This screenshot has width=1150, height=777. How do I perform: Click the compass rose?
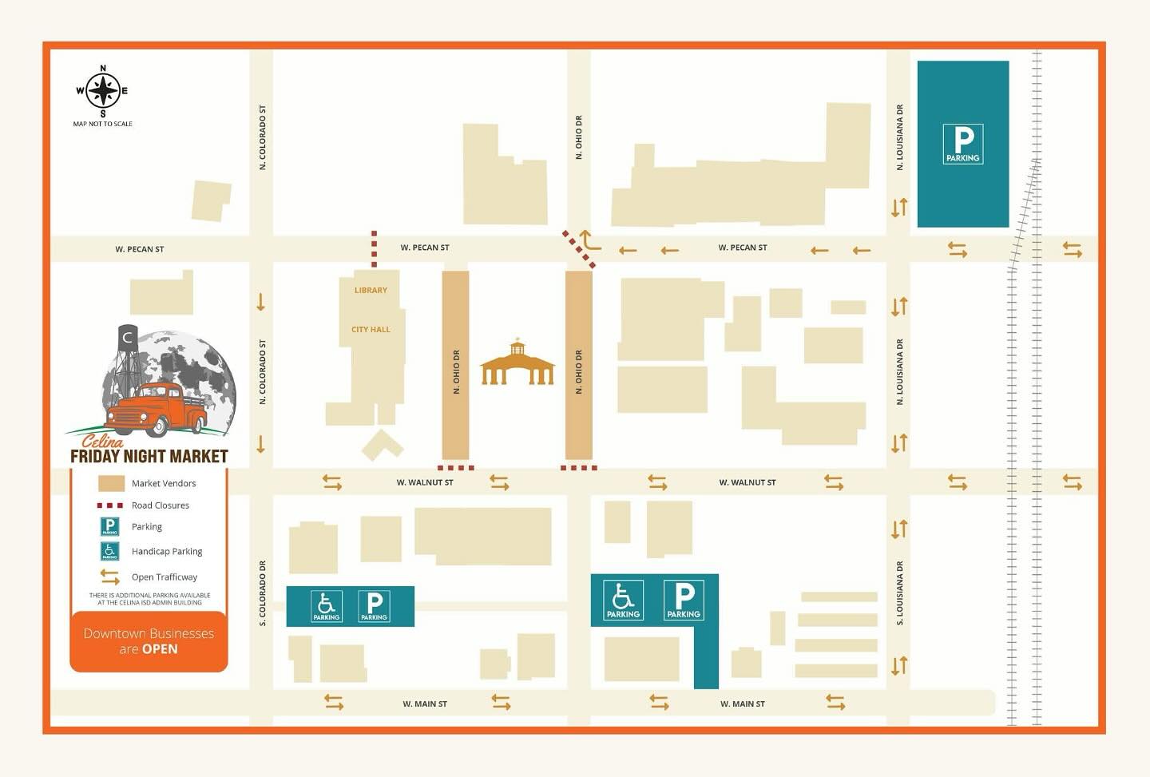click(102, 90)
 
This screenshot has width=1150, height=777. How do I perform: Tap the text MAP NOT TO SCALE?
click(103, 124)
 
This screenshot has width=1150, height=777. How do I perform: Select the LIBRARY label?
click(371, 291)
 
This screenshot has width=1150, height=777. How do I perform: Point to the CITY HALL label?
click(371, 330)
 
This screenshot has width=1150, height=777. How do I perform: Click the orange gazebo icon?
click(517, 363)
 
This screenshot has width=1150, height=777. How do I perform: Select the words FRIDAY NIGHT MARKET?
click(149, 457)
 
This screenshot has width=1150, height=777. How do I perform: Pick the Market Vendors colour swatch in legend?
click(111, 483)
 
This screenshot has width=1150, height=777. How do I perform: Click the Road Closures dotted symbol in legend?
click(110, 505)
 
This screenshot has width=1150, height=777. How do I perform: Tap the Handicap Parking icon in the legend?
click(110, 551)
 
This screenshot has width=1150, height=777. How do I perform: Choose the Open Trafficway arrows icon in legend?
click(110, 577)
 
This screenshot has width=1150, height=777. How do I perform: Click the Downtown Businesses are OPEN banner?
click(149, 641)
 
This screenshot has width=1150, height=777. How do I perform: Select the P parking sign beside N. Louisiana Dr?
click(962, 145)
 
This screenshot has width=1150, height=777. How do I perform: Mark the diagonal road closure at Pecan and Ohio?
click(579, 249)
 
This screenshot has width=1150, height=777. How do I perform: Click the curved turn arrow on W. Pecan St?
click(589, 240)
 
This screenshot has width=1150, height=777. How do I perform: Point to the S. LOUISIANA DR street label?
click(900, 593)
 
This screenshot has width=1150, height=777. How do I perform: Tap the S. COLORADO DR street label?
click(263, 593)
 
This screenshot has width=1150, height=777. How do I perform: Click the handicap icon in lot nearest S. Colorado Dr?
click(327, 606)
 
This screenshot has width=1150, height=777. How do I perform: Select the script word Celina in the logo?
click(102, 441)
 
